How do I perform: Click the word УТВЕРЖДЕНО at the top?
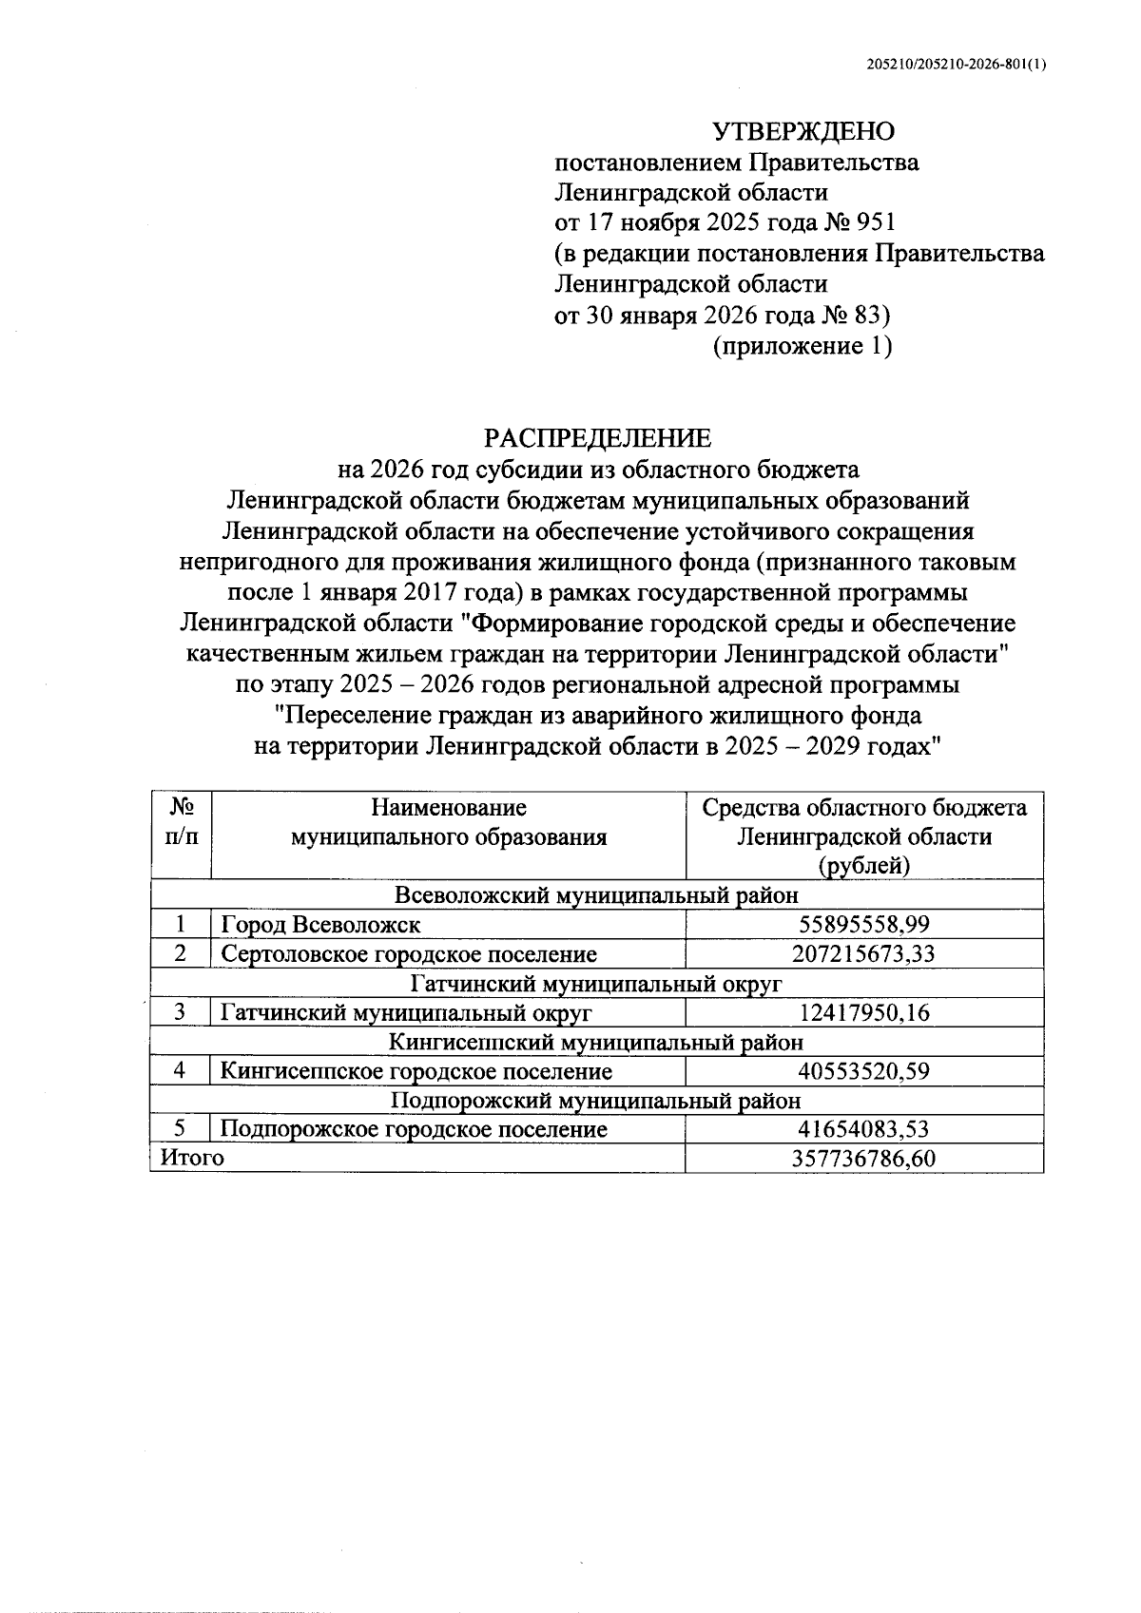coord(803,131)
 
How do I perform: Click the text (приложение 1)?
coord(803,346)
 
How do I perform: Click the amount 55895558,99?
coord(863,924)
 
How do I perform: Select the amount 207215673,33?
coord(863,953)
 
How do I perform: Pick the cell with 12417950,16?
coord(863,1012)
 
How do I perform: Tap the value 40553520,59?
coord(863,1071)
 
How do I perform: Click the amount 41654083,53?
coord(863,1129)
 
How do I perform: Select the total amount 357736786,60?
coord(863,1158)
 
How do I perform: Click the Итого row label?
coord(193,1158)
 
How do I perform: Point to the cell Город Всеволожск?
coord(320,924)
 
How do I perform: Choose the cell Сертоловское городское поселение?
coord(409,953)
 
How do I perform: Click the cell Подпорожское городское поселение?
coord(414,1129)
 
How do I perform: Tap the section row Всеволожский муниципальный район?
coord(596,895)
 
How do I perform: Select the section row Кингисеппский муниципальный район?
coord(596,1042)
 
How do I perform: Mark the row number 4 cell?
coord(180,1071)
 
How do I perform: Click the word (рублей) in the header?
coord(863,866)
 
